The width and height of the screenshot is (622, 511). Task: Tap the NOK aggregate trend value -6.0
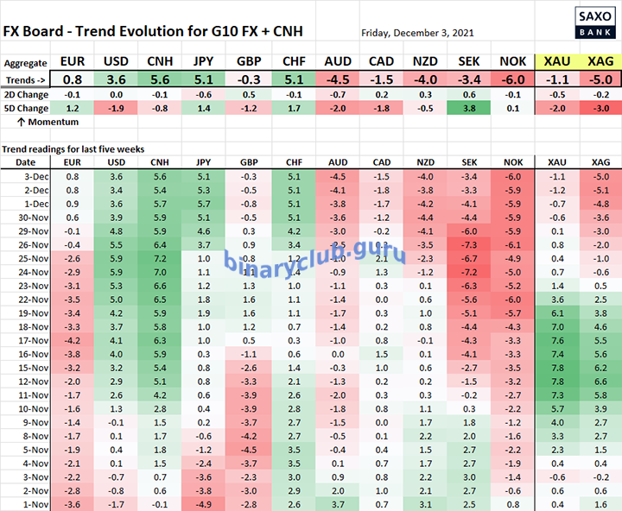coord(512,79)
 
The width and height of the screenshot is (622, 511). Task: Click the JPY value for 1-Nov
coord(203,503)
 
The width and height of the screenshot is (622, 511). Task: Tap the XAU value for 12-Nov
coord(556,382)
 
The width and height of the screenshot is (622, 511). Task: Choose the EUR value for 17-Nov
coord(73,340)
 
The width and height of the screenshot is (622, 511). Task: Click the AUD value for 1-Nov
coord(336,503)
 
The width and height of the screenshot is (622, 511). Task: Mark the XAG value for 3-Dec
coord(600,178)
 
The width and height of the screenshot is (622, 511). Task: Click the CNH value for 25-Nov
coord(159,259)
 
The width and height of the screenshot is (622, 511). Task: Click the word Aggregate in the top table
coord(25,63)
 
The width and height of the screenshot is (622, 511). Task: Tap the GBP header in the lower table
coord(248,162)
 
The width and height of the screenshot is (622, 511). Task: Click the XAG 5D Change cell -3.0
coord(600,109)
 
